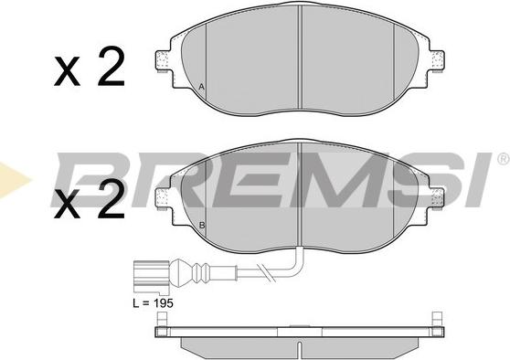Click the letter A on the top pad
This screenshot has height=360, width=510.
coord(202,87)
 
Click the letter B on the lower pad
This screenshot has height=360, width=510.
coord(202,225)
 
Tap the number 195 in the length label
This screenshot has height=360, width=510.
coord(164,303)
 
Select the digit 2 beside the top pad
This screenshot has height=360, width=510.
coord(112,66)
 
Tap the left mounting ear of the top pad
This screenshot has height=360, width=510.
coord(162,60)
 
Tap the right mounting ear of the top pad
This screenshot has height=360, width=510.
coord(437,60)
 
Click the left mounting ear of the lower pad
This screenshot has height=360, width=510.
coord(162,197)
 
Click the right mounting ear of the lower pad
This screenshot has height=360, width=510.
coord(437,197)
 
